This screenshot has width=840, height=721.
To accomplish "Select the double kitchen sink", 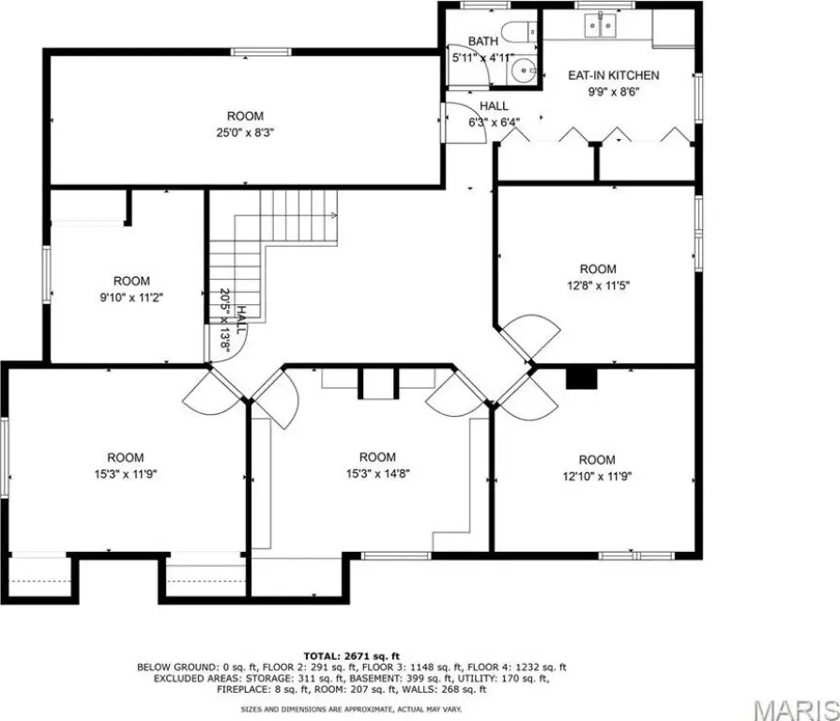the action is [x=600, y=25].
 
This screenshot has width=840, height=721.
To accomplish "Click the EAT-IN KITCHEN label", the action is [x=614, y=75].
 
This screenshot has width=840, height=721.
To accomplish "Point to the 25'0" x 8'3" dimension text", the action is [x=245, y=132].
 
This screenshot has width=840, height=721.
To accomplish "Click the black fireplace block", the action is [x=582, y=378].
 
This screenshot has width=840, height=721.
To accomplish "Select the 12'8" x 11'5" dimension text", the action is [x=598, y=285].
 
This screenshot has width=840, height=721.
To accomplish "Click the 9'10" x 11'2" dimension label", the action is [x=131, y=298].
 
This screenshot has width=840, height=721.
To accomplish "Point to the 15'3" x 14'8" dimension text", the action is [x=377, y=473].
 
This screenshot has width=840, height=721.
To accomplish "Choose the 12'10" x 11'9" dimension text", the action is [x=597, y=476].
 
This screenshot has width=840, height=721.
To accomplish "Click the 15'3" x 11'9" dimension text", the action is [x=126, y=474].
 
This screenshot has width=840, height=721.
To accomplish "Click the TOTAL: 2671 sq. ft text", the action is [x=351, y=655].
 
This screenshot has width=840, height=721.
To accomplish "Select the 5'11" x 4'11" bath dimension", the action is [x=483, y=57].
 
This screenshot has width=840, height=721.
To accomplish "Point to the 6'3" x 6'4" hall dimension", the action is [x=494, y=122].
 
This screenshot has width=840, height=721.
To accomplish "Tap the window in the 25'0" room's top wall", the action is [x=262, y=52].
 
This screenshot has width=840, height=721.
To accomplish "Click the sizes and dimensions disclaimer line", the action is [x=351, y=709].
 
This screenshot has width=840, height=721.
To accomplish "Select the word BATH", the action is [x=483, y=41].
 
